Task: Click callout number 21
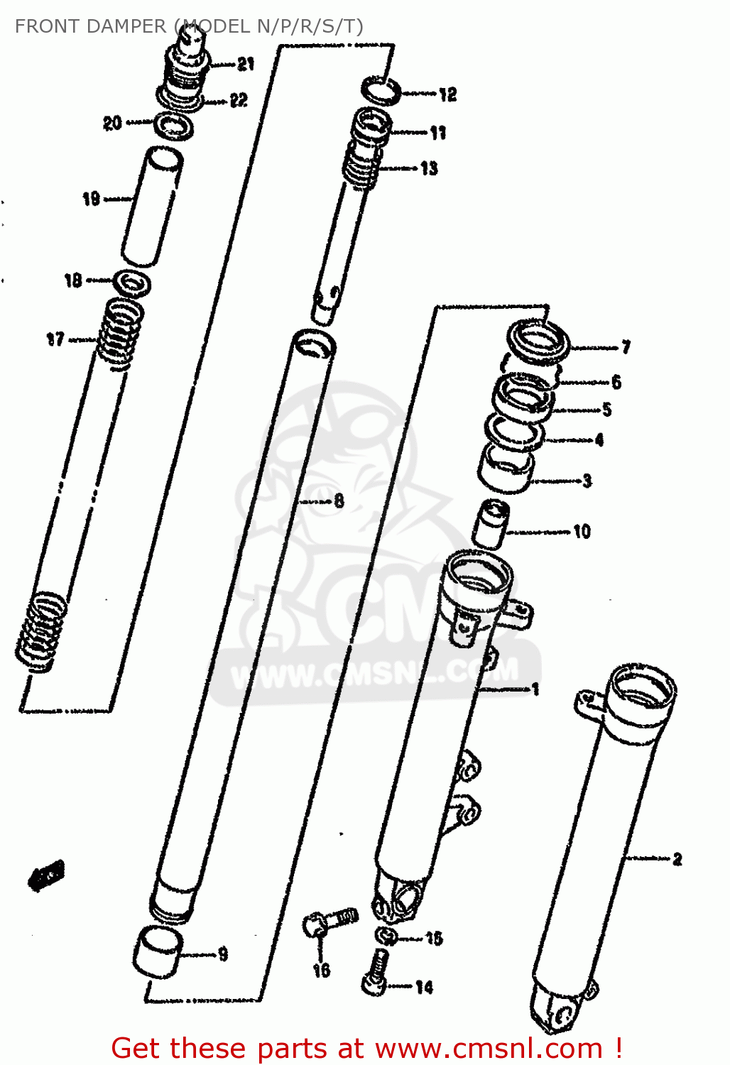pos(246,65)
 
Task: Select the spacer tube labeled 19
pos(152,206)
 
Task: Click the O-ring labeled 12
pos(381,91)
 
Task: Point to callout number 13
pos(429,169)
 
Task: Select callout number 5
pos(606,410)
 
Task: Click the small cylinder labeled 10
pos(490,523)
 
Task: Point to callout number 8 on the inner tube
pos(339,501)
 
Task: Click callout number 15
pos(434,939)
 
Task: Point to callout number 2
pos(677,859)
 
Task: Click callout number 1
pos(535,689)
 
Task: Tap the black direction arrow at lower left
pos(47,875)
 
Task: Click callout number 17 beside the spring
pos(55,340)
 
